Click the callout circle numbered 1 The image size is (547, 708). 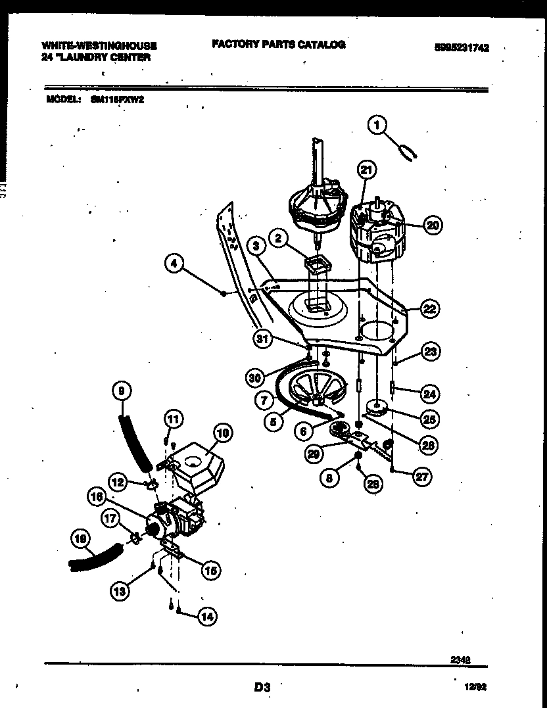(x=378, y=124)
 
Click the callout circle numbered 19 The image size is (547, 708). (x=80, y=540)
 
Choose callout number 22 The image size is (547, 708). (x=431, y=308)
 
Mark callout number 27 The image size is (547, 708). (x=422, y=477)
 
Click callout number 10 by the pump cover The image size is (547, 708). (x=223, y=433)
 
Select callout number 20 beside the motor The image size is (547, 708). (x=431, y=225)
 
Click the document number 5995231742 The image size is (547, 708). (x=462, y=47)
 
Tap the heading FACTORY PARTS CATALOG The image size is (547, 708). (x=278, y=45)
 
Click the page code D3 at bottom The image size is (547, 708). (x=262, y=688)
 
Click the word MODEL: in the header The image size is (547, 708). (x=63, y=100)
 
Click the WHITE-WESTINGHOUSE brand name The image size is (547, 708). (x=99, y=46)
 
